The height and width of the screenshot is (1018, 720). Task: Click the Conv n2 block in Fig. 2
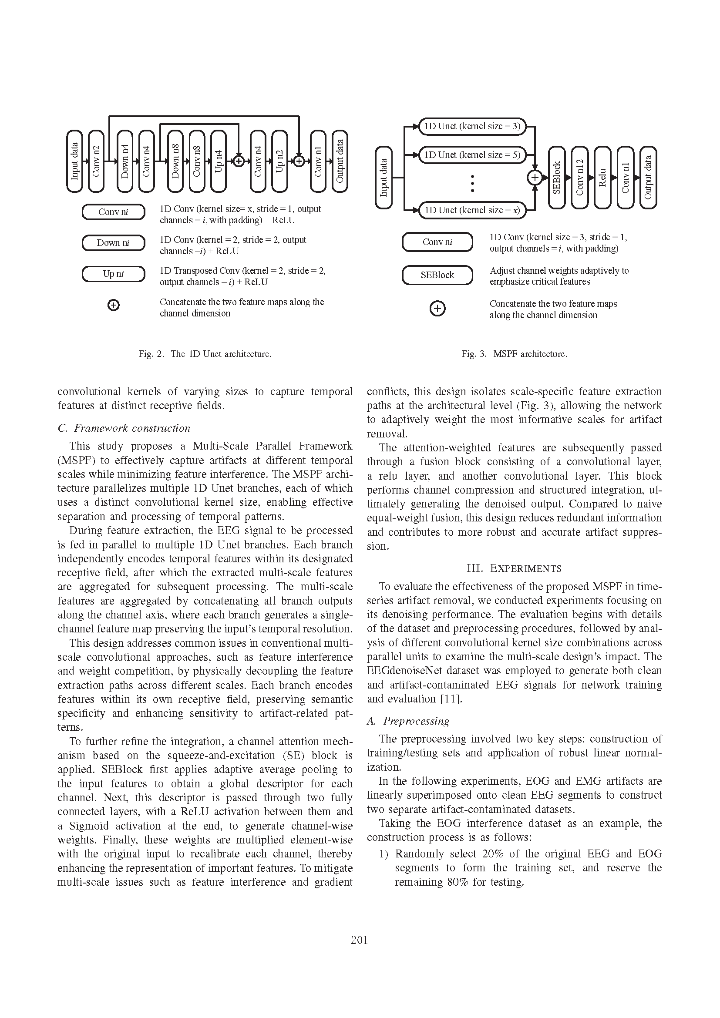[96, 161]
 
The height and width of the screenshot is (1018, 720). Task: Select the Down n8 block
[175, 161]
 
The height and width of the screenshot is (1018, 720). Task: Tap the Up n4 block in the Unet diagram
[219, 161]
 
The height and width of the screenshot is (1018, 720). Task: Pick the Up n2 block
[279, 161]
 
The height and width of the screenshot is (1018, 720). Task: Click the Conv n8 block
[197, 161]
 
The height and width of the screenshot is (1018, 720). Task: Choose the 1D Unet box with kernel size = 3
[472, 126]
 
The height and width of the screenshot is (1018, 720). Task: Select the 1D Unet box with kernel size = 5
[472, 155]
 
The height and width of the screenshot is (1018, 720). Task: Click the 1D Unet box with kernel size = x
[472, 210]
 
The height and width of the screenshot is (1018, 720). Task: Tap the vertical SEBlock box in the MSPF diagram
[557, 177]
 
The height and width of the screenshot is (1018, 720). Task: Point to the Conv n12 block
[579, 177]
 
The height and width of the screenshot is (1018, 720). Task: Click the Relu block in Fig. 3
[602, 177]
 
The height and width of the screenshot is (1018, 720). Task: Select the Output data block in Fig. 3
[648, 177]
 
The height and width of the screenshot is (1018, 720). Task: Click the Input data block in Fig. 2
[74, 161]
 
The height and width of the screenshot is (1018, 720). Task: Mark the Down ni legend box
[114, 243]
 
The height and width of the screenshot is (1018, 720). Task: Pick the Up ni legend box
[114, 274]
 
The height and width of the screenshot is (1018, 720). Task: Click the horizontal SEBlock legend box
[437, 275]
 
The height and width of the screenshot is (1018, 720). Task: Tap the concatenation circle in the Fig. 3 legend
[437, 309]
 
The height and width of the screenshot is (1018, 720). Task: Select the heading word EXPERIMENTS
[525, 569]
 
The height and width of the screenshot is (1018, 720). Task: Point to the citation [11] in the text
[451, 699]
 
